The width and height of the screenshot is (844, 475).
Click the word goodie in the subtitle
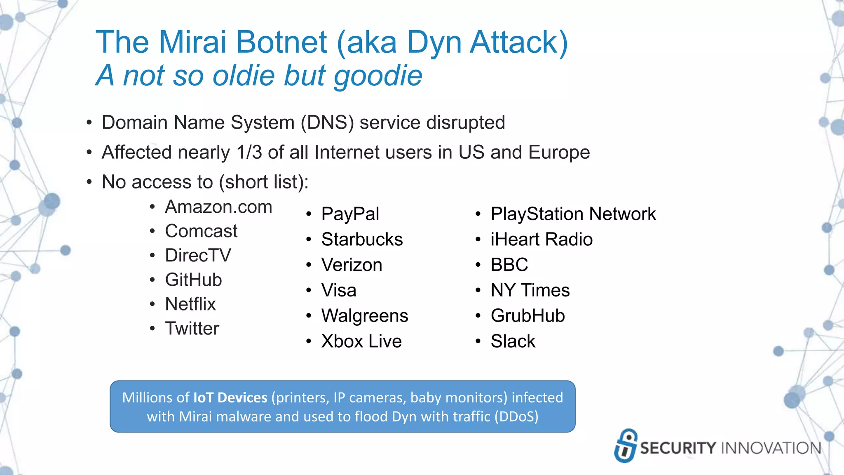378,76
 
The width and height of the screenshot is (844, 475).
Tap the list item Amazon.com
218,207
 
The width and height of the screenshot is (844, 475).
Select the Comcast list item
201,231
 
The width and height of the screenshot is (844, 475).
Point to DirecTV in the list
198,256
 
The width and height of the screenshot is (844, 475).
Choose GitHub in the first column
193,280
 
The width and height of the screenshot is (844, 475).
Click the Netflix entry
190,304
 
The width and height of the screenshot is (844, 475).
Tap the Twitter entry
192,329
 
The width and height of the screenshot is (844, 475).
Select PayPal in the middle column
350,214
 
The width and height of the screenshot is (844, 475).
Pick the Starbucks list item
362,240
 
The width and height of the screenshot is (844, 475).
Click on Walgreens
364,316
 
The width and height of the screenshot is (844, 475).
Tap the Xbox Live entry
361,341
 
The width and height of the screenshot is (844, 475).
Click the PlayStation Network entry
573,214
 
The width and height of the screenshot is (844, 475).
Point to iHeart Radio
541,240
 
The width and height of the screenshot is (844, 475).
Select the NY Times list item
530,290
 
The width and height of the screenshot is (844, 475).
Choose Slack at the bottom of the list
513,341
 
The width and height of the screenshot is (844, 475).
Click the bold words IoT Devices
230,397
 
